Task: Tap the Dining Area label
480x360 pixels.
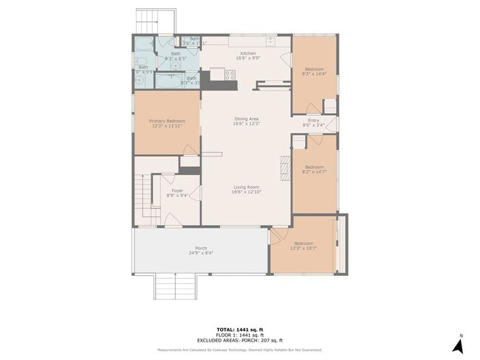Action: pyautogui.click(x=246, y=118)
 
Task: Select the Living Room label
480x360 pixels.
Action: pyautogui.click(x=246, y=187)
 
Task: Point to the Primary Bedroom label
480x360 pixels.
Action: pyautogui.click(x=166, y=121)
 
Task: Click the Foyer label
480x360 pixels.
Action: pyautogui.click(x=168, y=191)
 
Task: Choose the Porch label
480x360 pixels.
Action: pyautogui.click(x=201, y=248)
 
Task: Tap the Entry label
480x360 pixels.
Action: pyautogui.click(x=313, y=120)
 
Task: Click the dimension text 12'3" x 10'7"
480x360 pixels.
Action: pyautogui.click(x=304, y=249)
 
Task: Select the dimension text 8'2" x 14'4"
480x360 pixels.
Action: pyautogui.click(x=314, y=74)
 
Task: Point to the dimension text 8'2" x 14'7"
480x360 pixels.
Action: pyautogui.click(x=314, y=172)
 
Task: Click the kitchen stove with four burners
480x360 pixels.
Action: pyautogui.click(x=230, y=74)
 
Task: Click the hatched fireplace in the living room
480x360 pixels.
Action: pyautogui.click(x=284, y=167)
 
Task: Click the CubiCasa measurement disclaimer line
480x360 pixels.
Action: pyautogui.click(x=241, y=350)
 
